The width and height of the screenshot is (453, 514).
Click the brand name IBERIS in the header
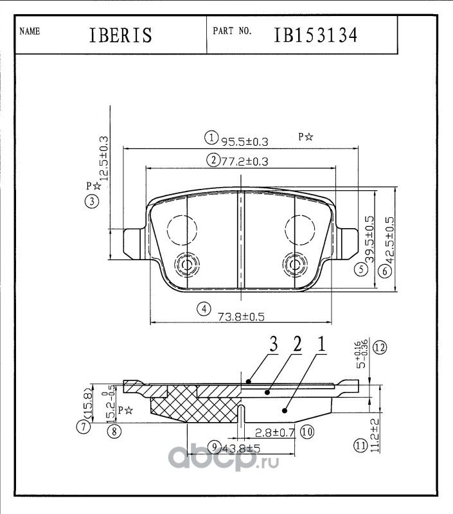click(120, 35)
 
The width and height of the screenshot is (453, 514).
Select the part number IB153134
click(315, 35)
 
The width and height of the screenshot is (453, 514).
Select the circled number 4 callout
click(204, 309)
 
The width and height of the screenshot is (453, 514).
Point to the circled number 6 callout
click(385, 271)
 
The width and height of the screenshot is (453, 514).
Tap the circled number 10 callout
click(306, 432)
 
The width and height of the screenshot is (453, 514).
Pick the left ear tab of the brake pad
click(130, 244)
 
